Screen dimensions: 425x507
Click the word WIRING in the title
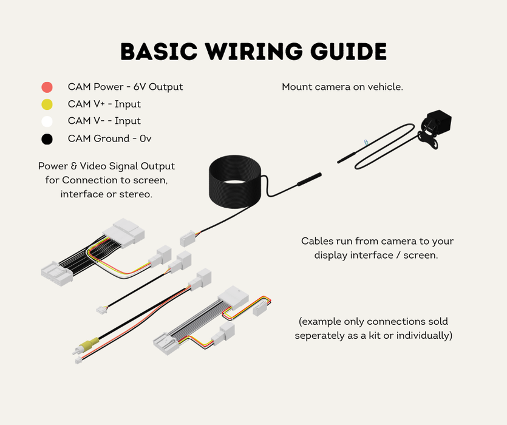tap(254, 52)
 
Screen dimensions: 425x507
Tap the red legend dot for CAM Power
tap(47, 87)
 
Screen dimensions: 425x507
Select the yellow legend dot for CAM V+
tap(47, 104)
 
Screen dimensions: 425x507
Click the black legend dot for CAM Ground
tap(47, 139)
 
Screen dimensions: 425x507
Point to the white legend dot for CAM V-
tap(47, 121)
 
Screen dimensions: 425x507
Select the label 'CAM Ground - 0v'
tap(109, 138)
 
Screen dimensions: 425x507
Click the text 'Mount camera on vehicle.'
tap(342, 87)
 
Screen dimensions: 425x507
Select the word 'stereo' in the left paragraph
tap(135, 194)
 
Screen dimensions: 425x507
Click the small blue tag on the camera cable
tap(366, 142)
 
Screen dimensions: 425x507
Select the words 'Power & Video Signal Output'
tap(106, 166)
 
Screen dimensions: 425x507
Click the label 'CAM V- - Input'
tap(104, 121)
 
